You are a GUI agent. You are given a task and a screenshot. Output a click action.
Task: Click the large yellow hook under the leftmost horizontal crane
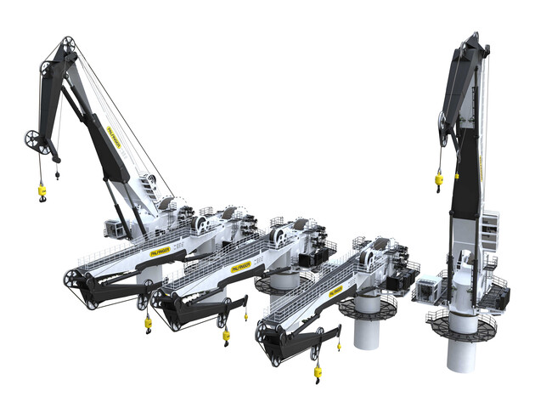(148, 321)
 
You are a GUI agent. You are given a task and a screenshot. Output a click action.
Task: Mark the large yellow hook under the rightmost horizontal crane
(318, 371)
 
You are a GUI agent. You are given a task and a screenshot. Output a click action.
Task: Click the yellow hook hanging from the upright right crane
(440, 178)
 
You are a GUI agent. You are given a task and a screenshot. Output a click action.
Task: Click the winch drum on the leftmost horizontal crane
(204, 223)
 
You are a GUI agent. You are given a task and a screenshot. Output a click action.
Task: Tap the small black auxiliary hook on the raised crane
(58, 175)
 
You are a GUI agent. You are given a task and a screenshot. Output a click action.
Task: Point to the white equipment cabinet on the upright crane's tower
(490, 226)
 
